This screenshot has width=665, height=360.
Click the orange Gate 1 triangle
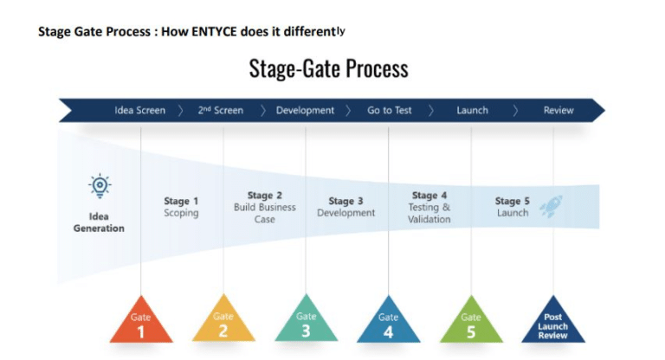(x=140, y=323)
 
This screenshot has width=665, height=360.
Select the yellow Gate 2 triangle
(x=223, y=323)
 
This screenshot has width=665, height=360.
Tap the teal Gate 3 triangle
(x=306, y=323)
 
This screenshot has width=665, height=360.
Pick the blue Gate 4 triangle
(x=388, y=323)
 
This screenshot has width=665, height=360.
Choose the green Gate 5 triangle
(x=471, y=323)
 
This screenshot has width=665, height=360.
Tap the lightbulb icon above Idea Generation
(x=100, y=186)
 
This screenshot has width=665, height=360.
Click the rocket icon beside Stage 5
(x=551, y=206)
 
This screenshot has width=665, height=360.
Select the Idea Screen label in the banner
(x=139, y=111)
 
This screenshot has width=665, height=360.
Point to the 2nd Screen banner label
(x=221, y=111)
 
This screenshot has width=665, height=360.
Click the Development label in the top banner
(x=305, y=111)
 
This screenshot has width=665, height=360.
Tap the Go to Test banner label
(x=390, y=111)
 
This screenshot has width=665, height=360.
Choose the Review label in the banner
(x=558, y=111)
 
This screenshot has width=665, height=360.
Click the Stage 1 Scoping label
(x=181, y=207)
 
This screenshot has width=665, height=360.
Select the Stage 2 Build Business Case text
(x=265, y=207)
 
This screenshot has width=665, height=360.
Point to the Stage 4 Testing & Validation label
(x=429, y=207)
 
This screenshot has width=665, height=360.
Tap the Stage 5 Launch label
(x=513, y=207)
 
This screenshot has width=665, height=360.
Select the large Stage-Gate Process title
(x=328, y=67)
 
